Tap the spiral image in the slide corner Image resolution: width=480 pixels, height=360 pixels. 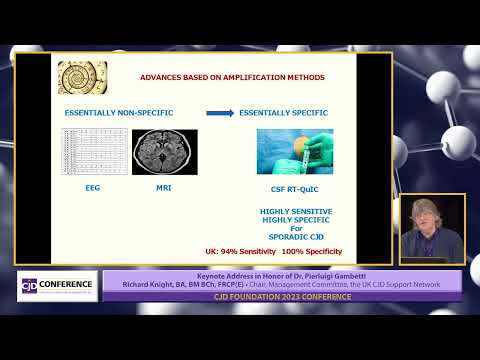point(82,77)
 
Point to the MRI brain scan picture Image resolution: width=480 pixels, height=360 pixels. point(165,152)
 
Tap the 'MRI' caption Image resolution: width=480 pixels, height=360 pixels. point(164,187)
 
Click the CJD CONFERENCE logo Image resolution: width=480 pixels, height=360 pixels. point(58,285)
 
